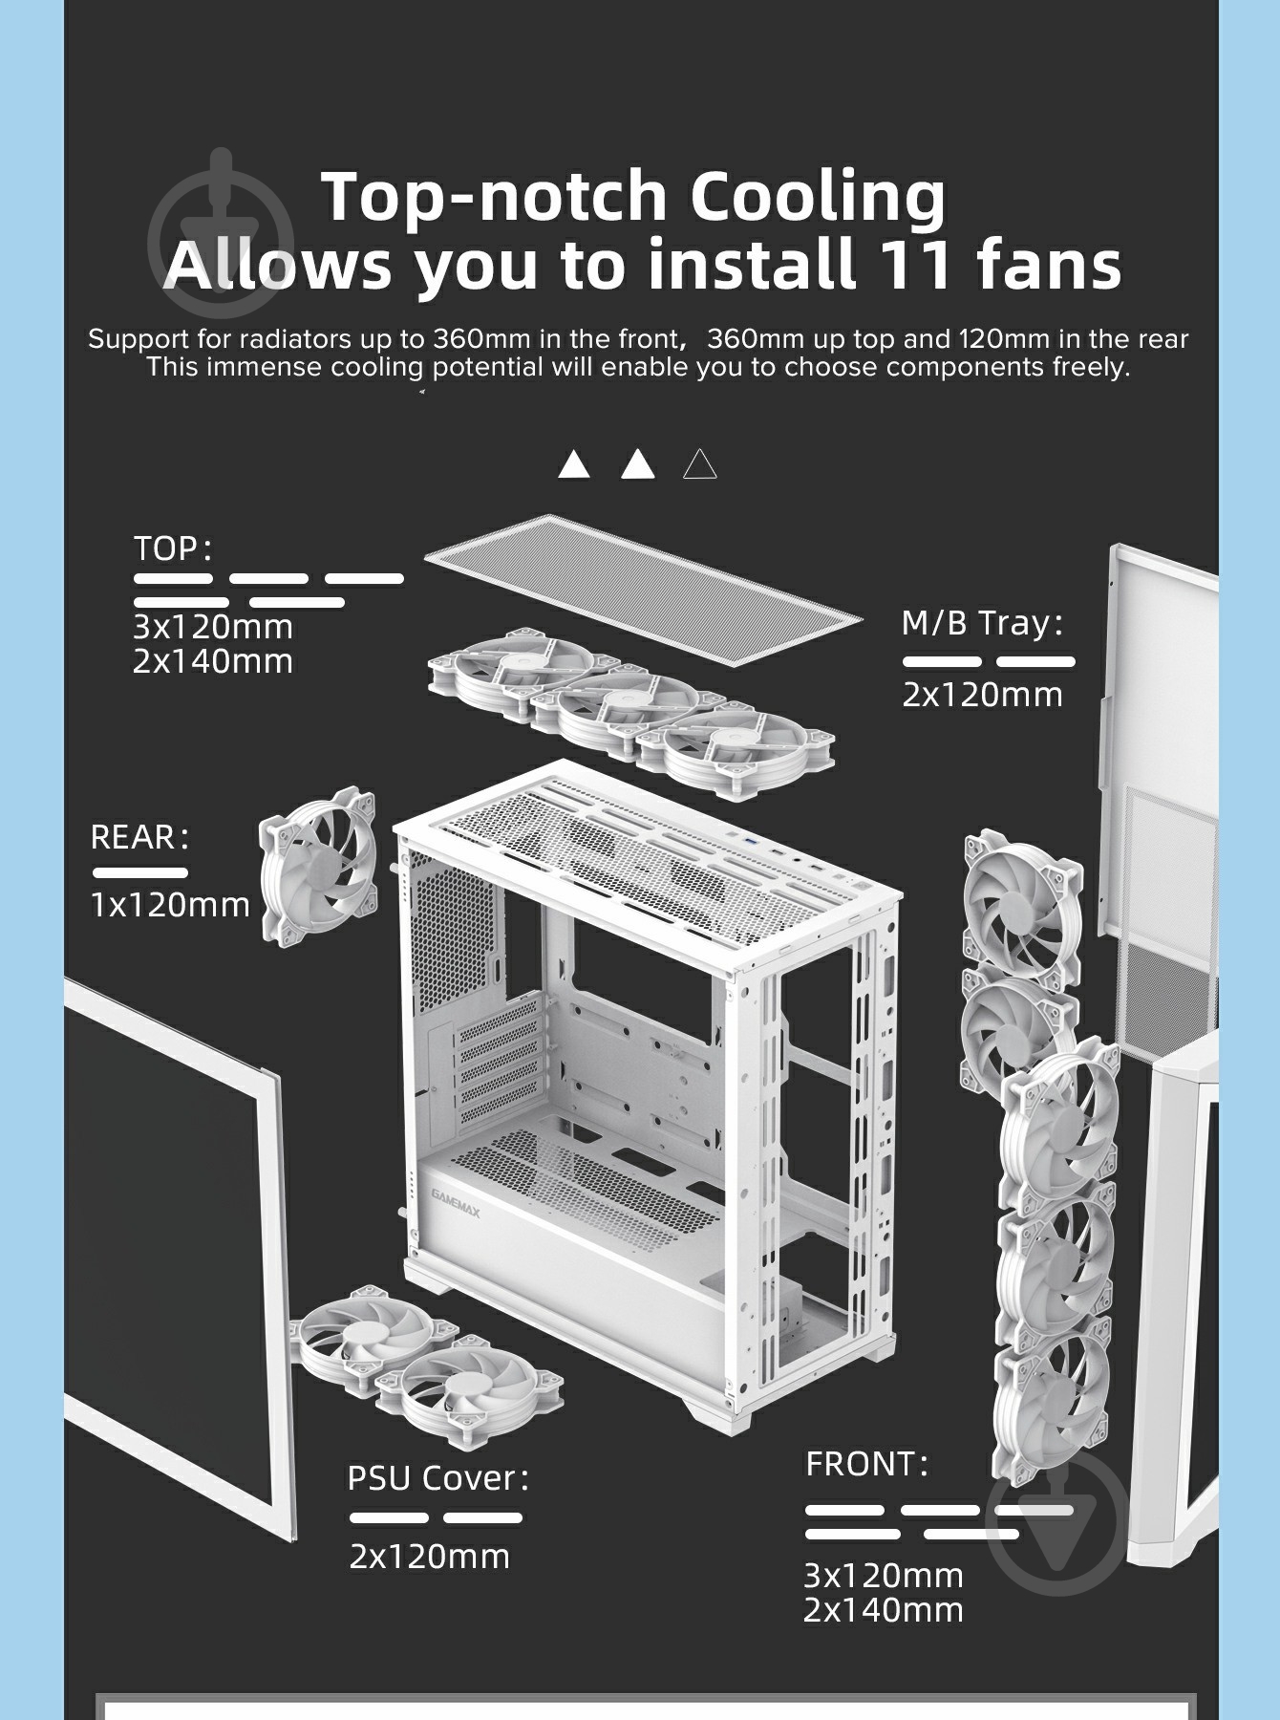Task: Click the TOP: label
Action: pyautogui.click(x=172, y=548)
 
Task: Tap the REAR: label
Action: pyautogui.click(x=139, y=837)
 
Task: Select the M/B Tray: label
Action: pyautogui.click(x=983, y=623)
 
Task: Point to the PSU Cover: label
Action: pyautogui.click(x=437, y=1477)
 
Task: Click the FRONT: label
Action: pyautogui.click(x=866, y=1463)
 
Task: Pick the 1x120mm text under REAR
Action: pyautogui.click(x=170, y=904)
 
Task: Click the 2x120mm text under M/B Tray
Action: pyautogui.click(x=982, y=695)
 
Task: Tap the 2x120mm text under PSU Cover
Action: pyautogui.click(x=430, y=1557)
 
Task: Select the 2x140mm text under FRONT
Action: pyautogui.click(x=884, y=1610)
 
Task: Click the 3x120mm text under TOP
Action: pyautogui.click(x=213, y=628)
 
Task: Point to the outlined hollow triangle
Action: pyautogui.click(x=700, y=464)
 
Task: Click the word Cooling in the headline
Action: pyautogui.click(x=818, y=195)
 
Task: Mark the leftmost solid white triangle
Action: pyautogui.click(x=574, y=464)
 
